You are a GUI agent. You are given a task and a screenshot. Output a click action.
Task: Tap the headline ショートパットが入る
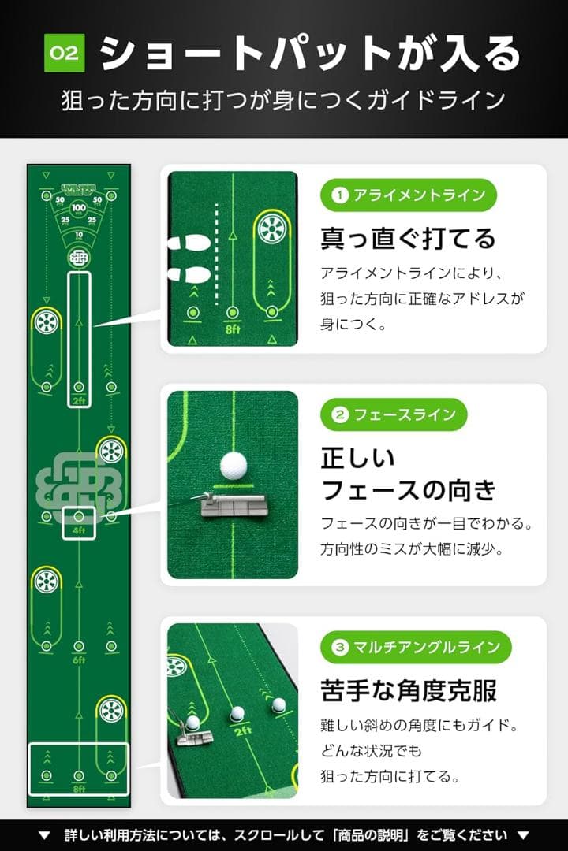(311, 54)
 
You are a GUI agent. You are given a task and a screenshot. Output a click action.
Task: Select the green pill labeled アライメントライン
(409, 195)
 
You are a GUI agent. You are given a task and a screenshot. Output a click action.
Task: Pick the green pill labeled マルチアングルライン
(416, 647)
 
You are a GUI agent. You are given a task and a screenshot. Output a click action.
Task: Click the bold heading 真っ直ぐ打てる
(408, 237)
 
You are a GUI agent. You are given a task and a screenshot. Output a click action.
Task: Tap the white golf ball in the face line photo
(234, 465)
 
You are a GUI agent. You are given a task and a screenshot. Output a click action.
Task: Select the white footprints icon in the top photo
(189, 259)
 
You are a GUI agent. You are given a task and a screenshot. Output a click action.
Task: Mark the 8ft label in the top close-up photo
(232, 329)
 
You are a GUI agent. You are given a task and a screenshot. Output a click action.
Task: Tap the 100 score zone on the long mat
(78, 208)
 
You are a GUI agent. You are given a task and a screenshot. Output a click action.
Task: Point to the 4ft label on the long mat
(78, 530)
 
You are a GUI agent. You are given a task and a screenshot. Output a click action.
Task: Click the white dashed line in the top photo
(216, 252)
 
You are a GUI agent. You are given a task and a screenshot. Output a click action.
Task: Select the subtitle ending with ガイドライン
(283, 100)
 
